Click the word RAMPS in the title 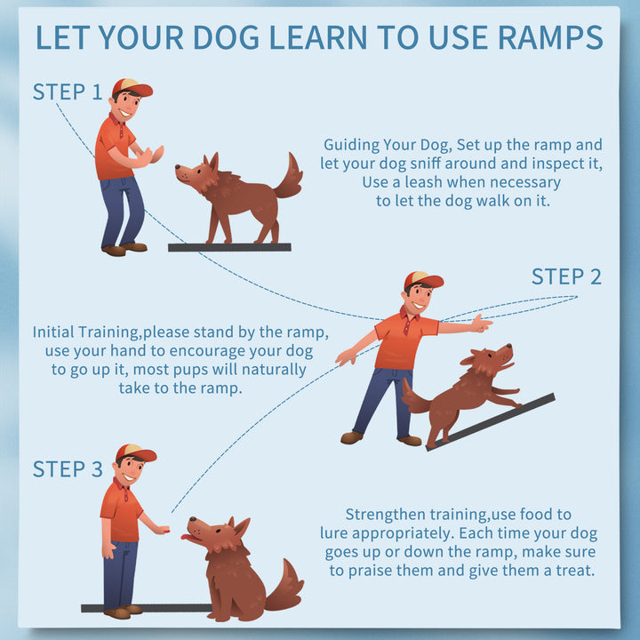[550, 37]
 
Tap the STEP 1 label [68, 92]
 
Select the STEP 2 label [566, 276]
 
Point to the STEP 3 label [68, 468]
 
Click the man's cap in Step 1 [132, 87]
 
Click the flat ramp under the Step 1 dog [229, 247]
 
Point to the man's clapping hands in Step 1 [152, 156]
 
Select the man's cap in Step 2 [423, 280]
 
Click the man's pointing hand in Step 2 [482, 324]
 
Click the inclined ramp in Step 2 [490, 422]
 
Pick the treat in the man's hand [165, 530]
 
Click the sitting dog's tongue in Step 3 [188, 537]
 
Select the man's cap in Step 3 [135, 452]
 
